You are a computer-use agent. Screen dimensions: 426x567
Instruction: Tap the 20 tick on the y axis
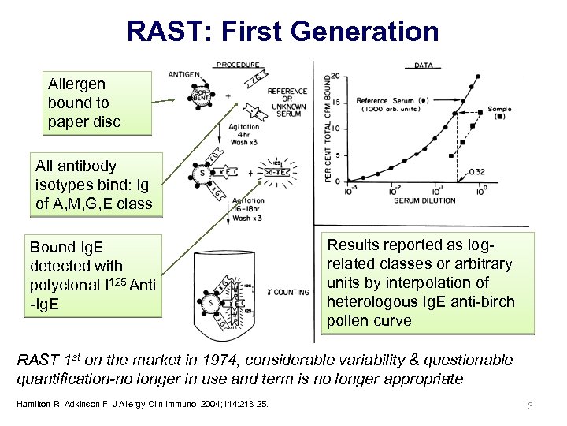[335, 77]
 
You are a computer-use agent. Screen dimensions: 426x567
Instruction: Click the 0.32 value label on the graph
[476, 172]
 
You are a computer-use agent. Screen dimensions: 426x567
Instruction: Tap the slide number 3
[530, 405]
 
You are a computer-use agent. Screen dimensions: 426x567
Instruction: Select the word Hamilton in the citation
[35, 405]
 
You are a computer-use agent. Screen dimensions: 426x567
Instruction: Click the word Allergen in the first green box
[76, 84]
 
